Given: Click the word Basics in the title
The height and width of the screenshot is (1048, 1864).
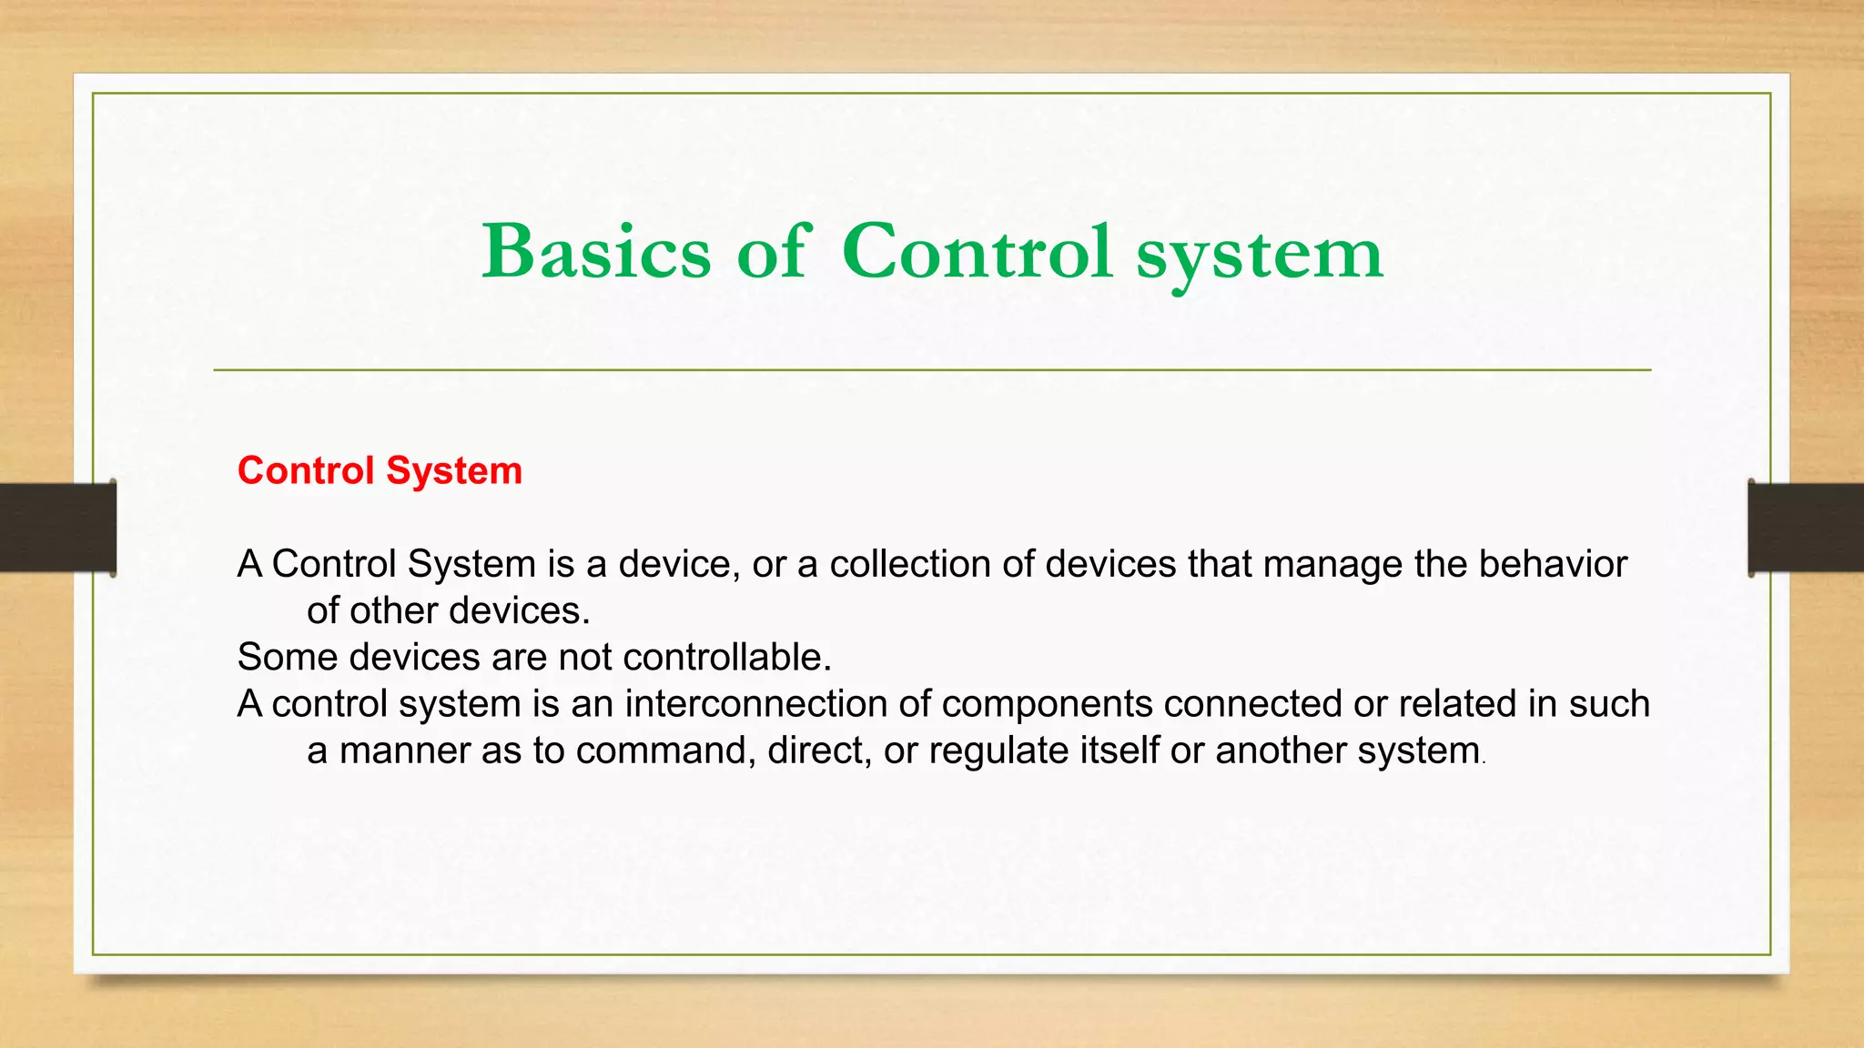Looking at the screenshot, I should point(596,252).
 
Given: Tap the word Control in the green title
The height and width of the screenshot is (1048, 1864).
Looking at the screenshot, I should point(977,252).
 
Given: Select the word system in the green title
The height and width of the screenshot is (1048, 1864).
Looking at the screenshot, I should point(1260,255).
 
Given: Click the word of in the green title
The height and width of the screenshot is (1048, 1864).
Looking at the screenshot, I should point(772,252).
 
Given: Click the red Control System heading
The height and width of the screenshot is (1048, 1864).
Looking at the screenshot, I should point(380,471).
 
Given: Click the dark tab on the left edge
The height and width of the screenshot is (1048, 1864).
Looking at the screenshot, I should point(57,528).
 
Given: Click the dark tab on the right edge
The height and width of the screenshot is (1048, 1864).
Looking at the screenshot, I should point(1806,528).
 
